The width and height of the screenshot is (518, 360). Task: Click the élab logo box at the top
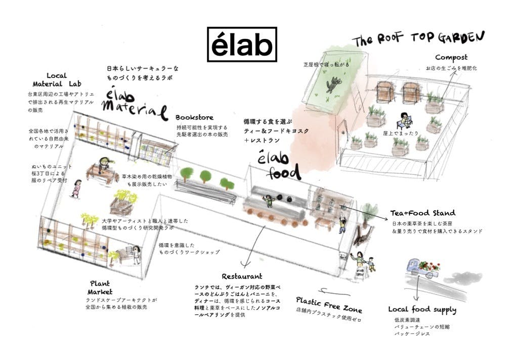(242, 43)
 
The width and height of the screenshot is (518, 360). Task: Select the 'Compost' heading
(451, 58)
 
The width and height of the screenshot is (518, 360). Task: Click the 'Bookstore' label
(194, 117)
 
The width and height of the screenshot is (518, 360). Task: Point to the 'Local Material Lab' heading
(57, 80)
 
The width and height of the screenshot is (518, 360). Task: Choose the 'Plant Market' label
(100, 288)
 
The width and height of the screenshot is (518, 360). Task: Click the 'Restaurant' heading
(242, 277)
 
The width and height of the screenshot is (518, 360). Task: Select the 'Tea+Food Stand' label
(422, 213)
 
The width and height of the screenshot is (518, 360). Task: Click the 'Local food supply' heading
(422, 309)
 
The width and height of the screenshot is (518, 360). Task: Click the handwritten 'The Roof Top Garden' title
(419, 39)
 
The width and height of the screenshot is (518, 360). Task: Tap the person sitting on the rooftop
(405, 120)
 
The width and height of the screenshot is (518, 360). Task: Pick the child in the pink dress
(77, 188)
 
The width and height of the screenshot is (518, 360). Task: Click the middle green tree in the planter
(205, 176)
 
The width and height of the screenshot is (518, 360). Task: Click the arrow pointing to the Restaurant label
(253, 248)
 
